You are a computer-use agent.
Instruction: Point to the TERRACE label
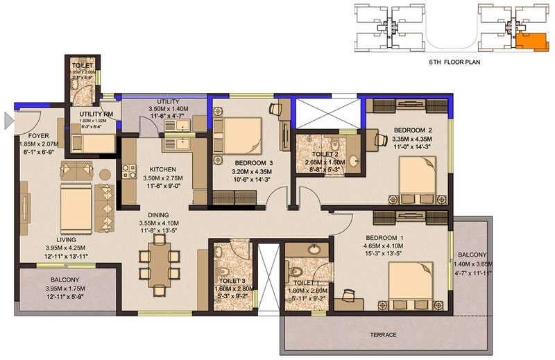(x=384, y=335)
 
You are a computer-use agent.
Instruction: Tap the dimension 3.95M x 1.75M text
(x=67, y=289)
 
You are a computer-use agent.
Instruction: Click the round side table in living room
(x=105, y=174)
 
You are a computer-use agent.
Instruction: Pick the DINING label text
(x=159, y=215)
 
